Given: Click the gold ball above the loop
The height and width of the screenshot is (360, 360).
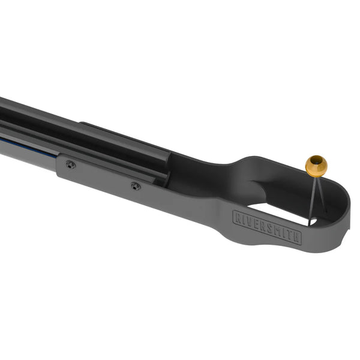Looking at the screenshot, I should click(x=316, y=166).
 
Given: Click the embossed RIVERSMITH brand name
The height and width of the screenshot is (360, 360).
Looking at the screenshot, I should click(x=266, y=226).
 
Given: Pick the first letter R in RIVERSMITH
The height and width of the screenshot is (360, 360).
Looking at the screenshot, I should click(x=236, y=215).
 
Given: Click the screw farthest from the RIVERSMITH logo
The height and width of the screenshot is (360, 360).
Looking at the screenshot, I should click(x=70, y=164).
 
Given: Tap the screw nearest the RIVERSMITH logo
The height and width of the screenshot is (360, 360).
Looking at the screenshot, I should click(x=136, y=186).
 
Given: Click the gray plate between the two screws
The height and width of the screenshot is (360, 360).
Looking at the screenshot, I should click(x=102, y=177).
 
